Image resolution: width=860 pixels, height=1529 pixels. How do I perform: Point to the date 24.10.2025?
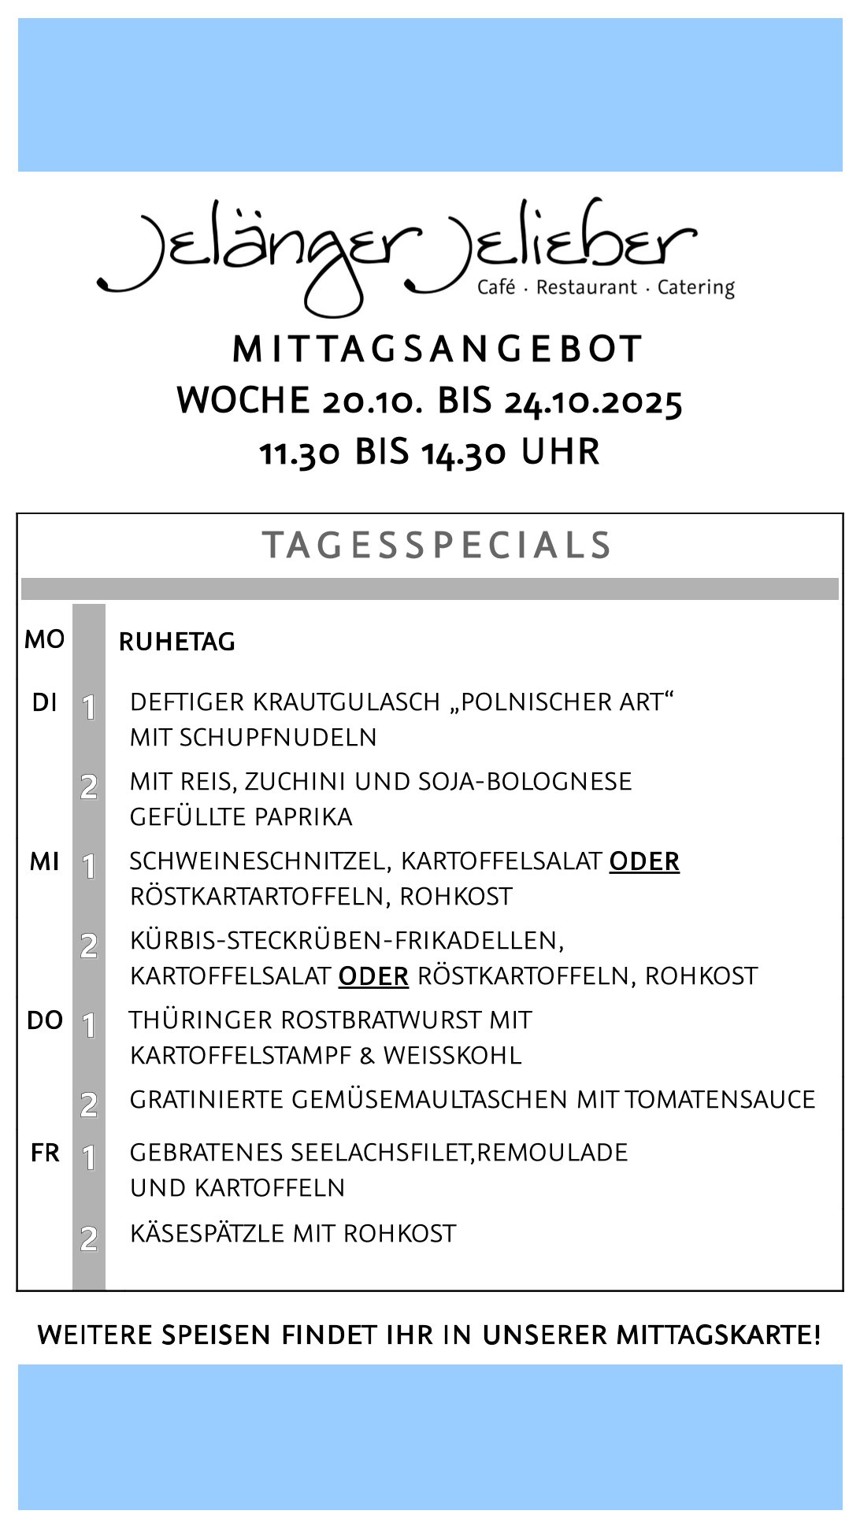[x=593, y=402]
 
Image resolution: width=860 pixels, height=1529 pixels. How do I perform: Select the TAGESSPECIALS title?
[x=437, y=546]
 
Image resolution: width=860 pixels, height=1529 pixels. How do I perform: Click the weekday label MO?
[x=44, y=639]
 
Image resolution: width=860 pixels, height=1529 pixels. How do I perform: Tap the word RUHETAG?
[x=177, y=642]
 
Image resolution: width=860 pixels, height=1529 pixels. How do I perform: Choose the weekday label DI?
[x=44, y=702]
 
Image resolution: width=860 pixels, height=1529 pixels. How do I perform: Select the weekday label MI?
[x=44, y=862]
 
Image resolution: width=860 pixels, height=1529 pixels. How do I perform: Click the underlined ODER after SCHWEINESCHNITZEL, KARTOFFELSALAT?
[x=644, y=861]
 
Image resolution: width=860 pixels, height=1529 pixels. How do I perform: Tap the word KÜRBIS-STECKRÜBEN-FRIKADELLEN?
[x=347, y=940]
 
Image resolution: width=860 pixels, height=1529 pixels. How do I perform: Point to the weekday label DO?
[x=44, y=1021]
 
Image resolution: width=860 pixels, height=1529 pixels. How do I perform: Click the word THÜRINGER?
[x=201, y=1020]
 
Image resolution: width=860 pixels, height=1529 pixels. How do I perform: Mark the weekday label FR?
[x=45, y=1153]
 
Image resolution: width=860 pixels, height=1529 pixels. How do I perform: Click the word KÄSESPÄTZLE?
[x=207, y=1233]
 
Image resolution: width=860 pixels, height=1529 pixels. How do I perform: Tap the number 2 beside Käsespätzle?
[x=89, y=1238]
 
